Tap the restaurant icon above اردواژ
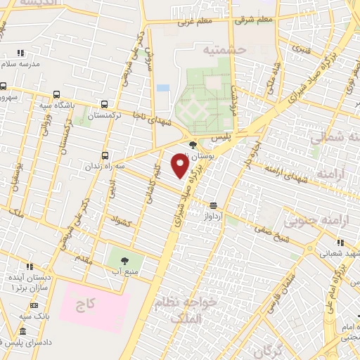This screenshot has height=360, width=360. point(213,205)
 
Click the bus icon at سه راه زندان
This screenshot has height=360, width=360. point(105,155)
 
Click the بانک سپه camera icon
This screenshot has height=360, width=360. point(34,305)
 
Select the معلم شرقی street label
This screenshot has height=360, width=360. point(253,20)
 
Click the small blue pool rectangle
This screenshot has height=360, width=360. point(163,88)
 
